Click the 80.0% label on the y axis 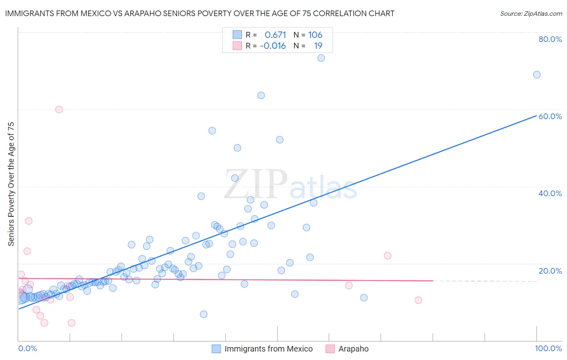(550, 39)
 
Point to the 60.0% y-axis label (550, 116)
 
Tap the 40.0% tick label (550, 193)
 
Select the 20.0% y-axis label (550, 271)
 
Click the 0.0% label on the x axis (27, 348)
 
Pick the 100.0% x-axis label (548, 348)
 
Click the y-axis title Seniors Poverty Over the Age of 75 (11, 184)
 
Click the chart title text (200, 13)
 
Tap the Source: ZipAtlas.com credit (531, 13)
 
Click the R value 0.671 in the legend (275, 35)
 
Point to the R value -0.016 (273, 46)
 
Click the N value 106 (315, 35)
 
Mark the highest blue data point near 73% (321, 58)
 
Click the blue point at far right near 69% (537, 75)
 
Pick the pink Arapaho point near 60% (59, 109)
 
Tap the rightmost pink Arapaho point (418, 300)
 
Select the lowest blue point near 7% (204, 314)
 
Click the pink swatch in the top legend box (237, 46)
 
